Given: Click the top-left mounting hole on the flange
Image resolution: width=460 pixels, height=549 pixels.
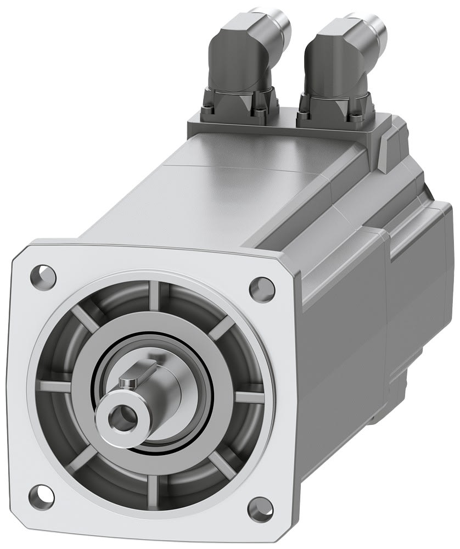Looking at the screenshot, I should click(x=44, y=272).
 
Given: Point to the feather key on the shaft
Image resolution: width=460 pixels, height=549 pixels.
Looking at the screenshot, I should click(x=127, y=380).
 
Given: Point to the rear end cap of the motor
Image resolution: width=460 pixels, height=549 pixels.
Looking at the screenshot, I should click(x=423, y=285).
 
